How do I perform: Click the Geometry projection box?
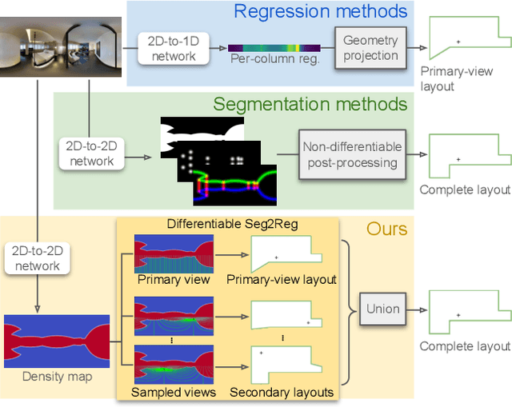pyautogui.click(x=370, y=48)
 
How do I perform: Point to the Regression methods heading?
pyautogui.click(x=320, y=11)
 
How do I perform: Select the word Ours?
pyautogui.click(x=387, y=229)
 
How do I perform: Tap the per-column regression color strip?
pyautogui.click(x=275, y=48)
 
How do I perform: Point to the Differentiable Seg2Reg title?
pyautogui.click(x=231, y=224)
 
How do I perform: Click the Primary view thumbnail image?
pyautogui.click(x=174, y=253)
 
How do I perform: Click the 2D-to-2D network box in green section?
pyautogui.click(x=90, y=154)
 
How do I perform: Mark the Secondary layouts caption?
pyautogui.click(x=282, y=392)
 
